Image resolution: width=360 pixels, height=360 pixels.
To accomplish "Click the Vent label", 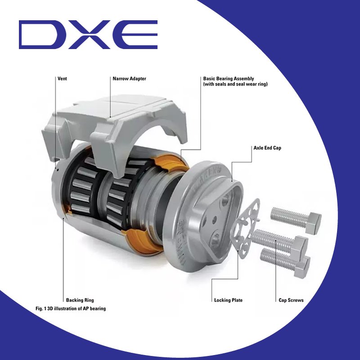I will pos(63,79).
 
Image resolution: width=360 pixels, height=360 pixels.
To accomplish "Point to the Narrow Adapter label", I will pos(129,79).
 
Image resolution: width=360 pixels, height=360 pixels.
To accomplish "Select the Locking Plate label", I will pos(228,300).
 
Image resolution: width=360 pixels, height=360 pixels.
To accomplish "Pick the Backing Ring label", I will pos(80,300).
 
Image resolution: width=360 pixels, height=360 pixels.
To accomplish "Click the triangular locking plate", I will pos(246,223).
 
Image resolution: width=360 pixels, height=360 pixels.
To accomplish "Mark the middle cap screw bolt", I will pos(279,240).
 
